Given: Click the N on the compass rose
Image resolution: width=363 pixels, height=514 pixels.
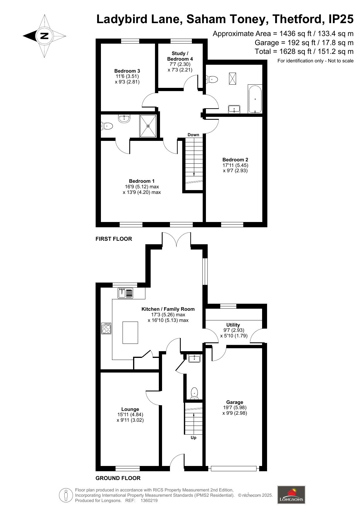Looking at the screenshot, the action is [x=44, y=36].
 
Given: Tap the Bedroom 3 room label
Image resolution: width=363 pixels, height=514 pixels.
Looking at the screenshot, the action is [x=127, y=71].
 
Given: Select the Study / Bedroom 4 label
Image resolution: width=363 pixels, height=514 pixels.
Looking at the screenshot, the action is [x=180, y=56].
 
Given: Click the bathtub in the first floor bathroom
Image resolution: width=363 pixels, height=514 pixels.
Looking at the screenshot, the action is [x=255, y=99].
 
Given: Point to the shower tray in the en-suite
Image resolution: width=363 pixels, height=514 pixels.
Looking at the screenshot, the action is [x=148, y=126].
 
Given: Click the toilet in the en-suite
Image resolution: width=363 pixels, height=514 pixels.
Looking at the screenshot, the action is [x=107, y=126].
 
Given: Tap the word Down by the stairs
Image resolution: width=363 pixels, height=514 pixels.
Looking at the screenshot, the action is [x=193, y=135].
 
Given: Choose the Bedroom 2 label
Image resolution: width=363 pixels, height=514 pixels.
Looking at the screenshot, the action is [x=235, y=160].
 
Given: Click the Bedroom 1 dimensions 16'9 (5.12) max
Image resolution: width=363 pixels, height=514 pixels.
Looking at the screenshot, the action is [x=142, y=187].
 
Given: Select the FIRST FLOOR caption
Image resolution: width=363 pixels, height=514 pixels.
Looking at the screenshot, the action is [x=114, y=239].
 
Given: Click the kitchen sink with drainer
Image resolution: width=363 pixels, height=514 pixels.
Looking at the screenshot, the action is [x=125, y=293].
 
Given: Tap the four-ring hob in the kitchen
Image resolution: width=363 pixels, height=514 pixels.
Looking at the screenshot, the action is [x=106, y=328].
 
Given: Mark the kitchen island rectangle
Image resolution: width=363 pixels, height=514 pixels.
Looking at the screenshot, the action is [x=130, y=332].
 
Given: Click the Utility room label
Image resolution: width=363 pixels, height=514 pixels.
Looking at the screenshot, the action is [x=233, y=325].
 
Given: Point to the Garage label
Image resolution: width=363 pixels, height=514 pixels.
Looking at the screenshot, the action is [x=235, y=402].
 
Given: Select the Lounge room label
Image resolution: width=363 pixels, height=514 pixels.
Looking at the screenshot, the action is [x=130, y=409].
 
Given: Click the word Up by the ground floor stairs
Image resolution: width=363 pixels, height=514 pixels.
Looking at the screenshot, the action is [x=193, y=438].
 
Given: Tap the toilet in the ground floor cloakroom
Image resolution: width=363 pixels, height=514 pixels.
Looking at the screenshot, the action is [x=194, y=393].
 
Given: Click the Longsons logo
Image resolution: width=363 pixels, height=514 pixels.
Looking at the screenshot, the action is [x=291, y=495].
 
